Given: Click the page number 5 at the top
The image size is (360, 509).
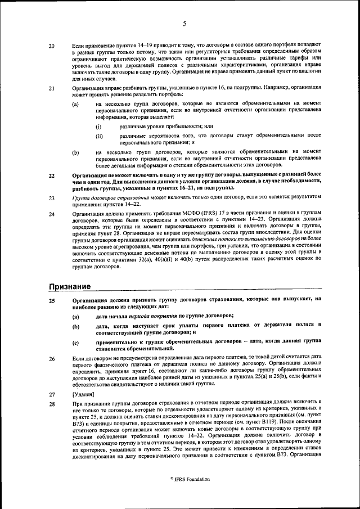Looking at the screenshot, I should pos(184,24).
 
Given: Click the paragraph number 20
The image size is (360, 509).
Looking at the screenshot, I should pos(52,45).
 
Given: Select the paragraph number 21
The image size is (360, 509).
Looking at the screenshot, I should pos(52,88).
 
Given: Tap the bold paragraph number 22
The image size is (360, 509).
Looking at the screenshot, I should pos(52,176).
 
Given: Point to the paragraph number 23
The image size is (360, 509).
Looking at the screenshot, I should pos(52,199).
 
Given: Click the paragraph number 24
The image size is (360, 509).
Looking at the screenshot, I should pos(52,215).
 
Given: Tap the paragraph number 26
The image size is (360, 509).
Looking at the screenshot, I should pos(52,359).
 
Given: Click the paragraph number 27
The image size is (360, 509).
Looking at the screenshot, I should pos(52,395).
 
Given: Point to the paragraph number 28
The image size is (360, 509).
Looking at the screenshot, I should pos(52,405).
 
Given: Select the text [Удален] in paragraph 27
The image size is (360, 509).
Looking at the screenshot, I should pos(85,395).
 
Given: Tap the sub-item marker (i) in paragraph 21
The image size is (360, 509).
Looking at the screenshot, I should pos(99,127).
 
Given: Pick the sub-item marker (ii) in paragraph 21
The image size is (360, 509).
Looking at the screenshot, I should pos(100,136).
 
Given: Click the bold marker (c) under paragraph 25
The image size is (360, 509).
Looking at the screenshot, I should pos(75,343).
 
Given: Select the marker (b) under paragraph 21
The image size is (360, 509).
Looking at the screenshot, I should pos(75,152).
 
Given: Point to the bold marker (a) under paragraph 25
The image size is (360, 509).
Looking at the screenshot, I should pos(75,317).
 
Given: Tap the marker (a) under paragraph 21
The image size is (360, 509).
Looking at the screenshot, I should pos(75,105).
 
